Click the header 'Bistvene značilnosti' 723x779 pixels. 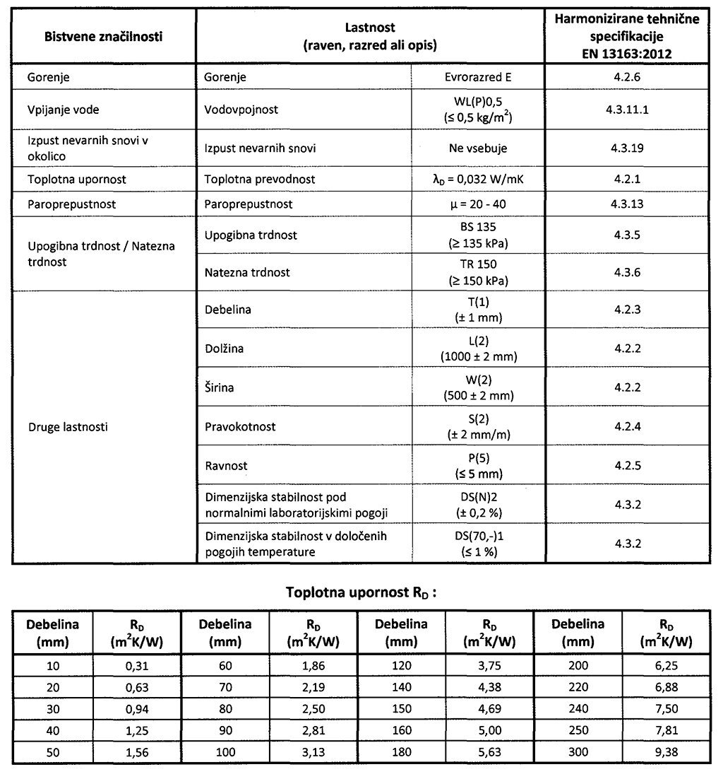click(103, 37)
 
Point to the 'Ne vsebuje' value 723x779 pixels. click(479, 148)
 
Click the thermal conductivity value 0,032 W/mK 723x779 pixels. click(479, 179)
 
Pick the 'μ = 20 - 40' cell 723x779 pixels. click(479, 204)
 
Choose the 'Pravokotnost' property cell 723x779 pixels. click(239, 427)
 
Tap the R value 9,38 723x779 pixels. click(666, 751)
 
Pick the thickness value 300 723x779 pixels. click(578, 751)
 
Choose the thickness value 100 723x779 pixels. click(226, 751)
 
